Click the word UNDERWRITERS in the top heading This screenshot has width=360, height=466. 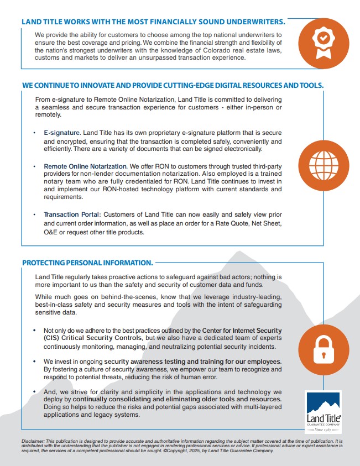249,22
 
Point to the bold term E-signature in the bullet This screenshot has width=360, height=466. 62,133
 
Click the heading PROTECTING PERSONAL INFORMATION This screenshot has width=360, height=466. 87,263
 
